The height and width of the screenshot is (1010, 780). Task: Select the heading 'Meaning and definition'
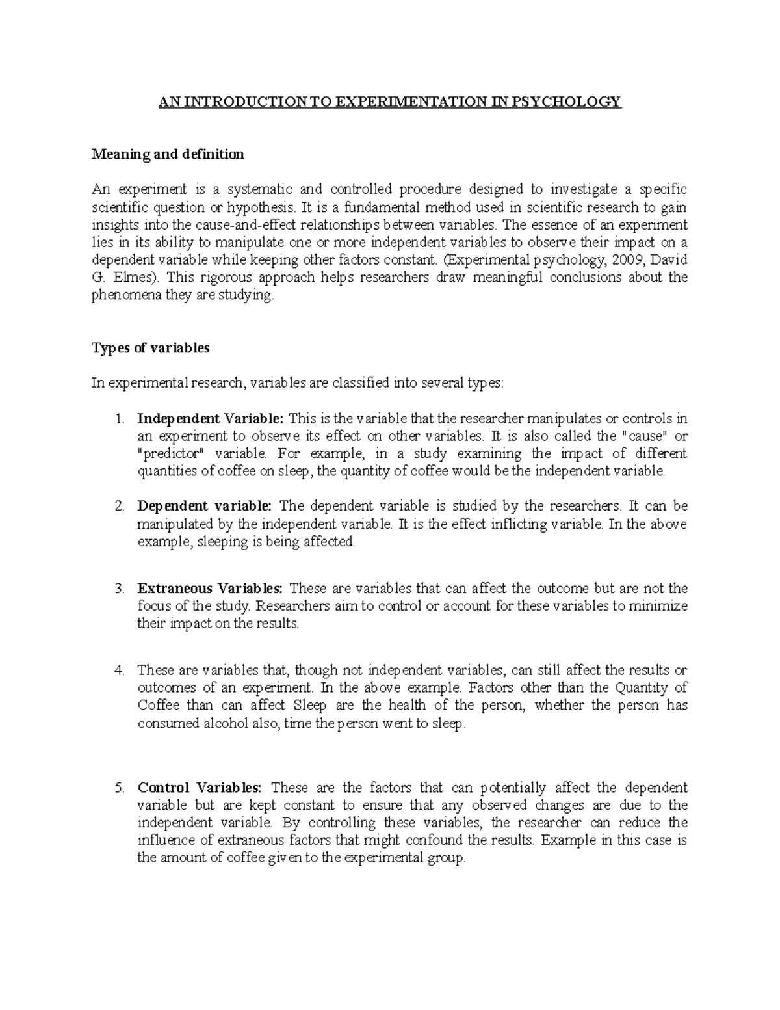click(x=168, y=155)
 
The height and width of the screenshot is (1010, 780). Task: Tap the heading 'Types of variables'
click(x=151, y=348)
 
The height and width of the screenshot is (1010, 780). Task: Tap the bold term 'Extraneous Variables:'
click(x=210, y=589)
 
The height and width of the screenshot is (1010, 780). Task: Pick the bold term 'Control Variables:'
click(x=199, y=788)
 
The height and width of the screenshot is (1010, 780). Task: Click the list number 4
click(x=118, y=671)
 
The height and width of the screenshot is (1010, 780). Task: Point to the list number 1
click(x=118, y=418)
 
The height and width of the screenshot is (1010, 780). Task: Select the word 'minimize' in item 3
click(x=662, y=606)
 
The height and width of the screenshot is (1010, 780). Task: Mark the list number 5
click(x=118, y=788)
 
